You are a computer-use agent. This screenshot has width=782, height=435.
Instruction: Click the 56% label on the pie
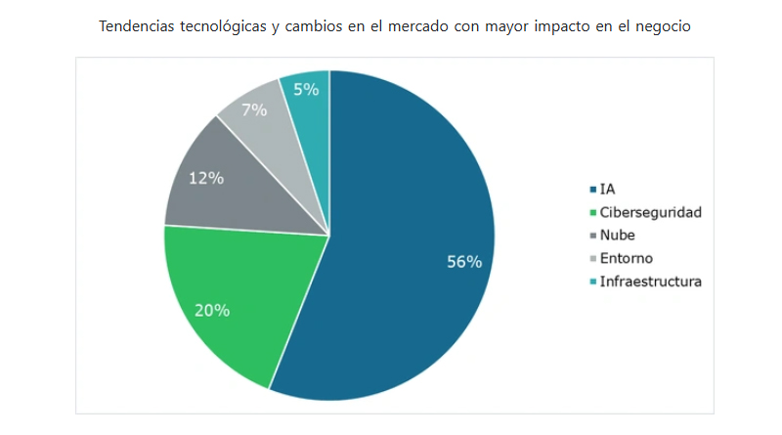pos(464,262)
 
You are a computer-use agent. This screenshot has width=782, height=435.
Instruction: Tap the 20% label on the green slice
pos(212,310)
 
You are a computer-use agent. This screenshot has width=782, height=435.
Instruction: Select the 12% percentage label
pos(206,178)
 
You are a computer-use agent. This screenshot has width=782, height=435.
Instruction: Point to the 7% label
pos(254,109)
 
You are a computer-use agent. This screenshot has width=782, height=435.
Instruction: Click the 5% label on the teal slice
pos(306,89)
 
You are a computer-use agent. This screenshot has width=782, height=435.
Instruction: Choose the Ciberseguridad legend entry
pos(650,212)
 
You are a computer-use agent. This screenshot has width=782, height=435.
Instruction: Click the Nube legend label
pos(617,236)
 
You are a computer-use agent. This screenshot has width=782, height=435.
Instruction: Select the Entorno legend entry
pos(626,258)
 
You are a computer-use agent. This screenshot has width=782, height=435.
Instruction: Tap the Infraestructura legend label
pos(650,282)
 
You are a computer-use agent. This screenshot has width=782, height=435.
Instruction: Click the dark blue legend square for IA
pos(591,190)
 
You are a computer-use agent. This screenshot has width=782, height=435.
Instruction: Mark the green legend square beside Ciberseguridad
pos(591,213)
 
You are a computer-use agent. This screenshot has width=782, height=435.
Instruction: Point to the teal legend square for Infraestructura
pos(591,283)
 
